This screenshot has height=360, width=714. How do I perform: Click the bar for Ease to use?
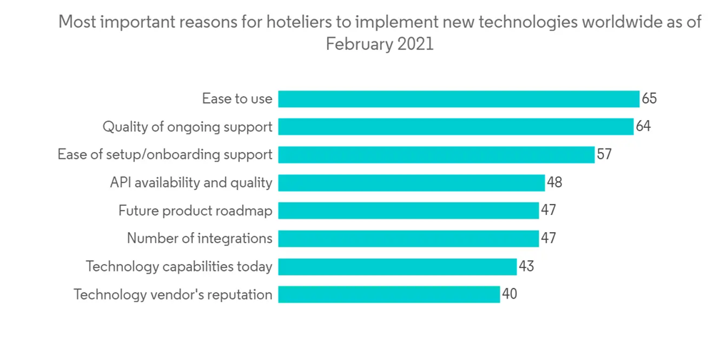458,99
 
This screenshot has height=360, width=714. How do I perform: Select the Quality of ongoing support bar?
456,126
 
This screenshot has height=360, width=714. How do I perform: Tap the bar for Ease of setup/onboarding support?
436,154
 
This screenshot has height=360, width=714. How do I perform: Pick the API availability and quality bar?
411,183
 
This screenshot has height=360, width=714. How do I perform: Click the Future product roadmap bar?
408,211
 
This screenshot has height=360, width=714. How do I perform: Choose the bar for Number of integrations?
408,239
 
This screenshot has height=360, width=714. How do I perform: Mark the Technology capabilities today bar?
397,266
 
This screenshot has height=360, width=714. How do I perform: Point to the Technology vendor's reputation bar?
389,294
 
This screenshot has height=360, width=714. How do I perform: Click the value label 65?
649,99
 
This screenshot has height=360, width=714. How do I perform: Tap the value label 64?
643,126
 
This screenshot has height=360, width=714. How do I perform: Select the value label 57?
604,154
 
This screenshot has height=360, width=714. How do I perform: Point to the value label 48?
555,183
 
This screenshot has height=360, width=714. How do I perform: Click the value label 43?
526,266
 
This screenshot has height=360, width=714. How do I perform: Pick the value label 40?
509,294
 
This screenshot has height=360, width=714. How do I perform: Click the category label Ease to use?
237,99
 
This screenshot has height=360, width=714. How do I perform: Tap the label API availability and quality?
191,183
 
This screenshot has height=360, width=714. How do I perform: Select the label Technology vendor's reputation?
173,294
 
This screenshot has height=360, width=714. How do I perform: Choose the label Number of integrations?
199,239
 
